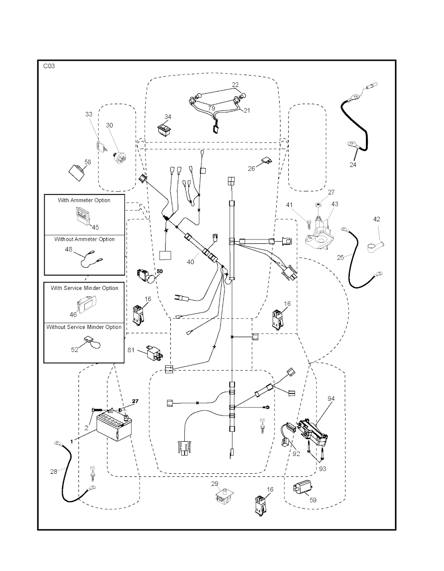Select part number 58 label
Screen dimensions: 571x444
(88, 162)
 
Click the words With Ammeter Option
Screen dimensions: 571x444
(84, 200)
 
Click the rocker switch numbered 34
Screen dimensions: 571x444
(164, 129)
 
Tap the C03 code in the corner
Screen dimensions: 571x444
(49, 66)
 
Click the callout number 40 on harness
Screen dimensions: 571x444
(190, 262)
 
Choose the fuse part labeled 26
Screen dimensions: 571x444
(266, 161)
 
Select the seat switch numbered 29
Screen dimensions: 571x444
(224, 497)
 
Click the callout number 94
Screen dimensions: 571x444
(331, 398)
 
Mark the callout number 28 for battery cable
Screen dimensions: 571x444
(54, 471)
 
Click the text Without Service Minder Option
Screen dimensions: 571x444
(84, 327)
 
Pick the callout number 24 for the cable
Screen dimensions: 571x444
(353, 165)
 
